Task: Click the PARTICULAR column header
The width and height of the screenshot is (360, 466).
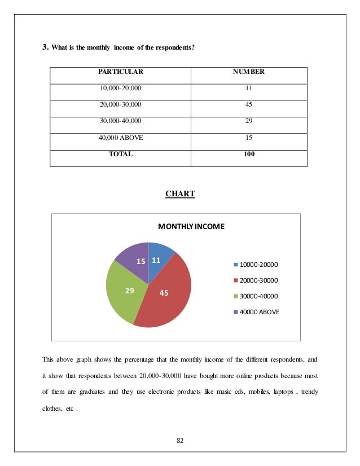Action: click(121, 73)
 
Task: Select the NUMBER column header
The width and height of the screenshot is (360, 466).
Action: click(249, 73)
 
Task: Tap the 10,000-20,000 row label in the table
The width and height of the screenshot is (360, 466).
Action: click(121, 89)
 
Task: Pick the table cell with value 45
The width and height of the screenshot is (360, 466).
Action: click(249, 105)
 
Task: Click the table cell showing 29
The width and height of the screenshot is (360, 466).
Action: click(249, 121)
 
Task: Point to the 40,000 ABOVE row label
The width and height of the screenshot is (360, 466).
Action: click(121, 138)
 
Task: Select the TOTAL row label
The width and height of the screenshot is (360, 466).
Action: click(121, 154)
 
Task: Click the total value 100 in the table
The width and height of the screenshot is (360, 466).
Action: click(249, 154)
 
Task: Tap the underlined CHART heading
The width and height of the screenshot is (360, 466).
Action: click(180, 194)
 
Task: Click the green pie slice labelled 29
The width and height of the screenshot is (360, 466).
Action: click(127, 290)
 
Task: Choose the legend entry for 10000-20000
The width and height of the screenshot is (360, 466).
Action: click(256, 264)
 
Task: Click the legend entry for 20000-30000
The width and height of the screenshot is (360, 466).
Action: click(256, 280)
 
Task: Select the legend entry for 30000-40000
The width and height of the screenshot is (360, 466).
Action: click(256, 296)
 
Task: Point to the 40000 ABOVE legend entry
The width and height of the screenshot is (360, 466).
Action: click(256, 311)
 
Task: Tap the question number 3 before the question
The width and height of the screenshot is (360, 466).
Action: click(46, 47)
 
